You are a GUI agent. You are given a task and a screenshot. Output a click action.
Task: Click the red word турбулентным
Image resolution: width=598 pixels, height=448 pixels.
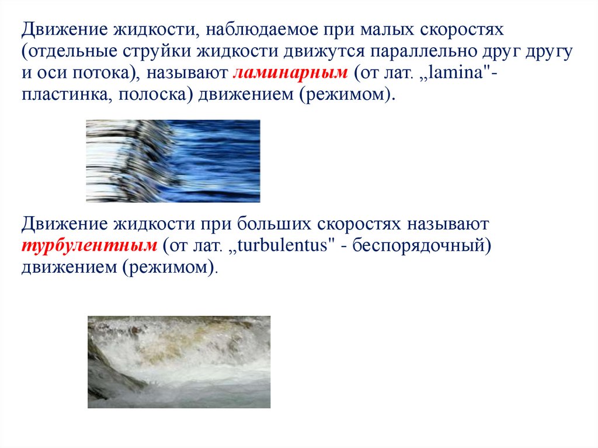click(x=89, y=245)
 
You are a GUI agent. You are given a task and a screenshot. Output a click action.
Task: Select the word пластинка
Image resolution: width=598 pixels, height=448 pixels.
click(x=66, y=95)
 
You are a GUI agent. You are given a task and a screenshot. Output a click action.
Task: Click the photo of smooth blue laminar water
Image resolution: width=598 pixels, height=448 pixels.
click(x=173, y=161)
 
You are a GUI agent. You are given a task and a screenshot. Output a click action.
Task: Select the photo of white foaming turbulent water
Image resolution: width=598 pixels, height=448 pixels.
click(x=179, y=362)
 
